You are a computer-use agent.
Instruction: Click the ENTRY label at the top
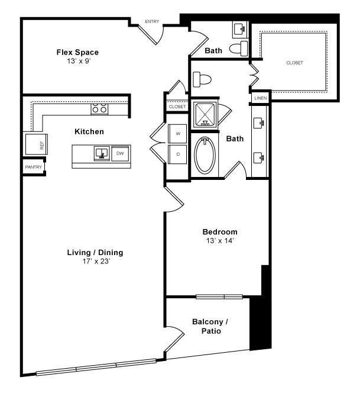coord(152,22)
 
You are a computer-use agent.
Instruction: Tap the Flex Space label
coord(77,52)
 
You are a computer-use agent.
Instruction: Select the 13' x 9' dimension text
coord(77,61)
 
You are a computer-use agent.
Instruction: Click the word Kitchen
coord(89,131)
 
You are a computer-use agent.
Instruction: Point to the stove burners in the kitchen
coord(99,109)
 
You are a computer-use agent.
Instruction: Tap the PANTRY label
coord(33,168)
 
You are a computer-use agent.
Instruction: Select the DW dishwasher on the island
coord(120,153)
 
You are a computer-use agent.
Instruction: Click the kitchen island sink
coord(101,154)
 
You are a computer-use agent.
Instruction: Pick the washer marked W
coord(178,134)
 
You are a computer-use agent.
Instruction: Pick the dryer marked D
coord(178,153)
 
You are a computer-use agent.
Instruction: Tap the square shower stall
coord(205,115)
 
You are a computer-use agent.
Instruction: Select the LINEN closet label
coord(260,98)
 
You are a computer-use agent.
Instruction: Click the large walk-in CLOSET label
coord(294,62)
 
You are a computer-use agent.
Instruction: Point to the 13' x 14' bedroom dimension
coord(220,240)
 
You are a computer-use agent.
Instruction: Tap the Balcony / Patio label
coord(210,326)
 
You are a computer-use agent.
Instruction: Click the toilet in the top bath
coord(238,49)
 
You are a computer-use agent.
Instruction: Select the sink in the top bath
coord(241,28)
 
